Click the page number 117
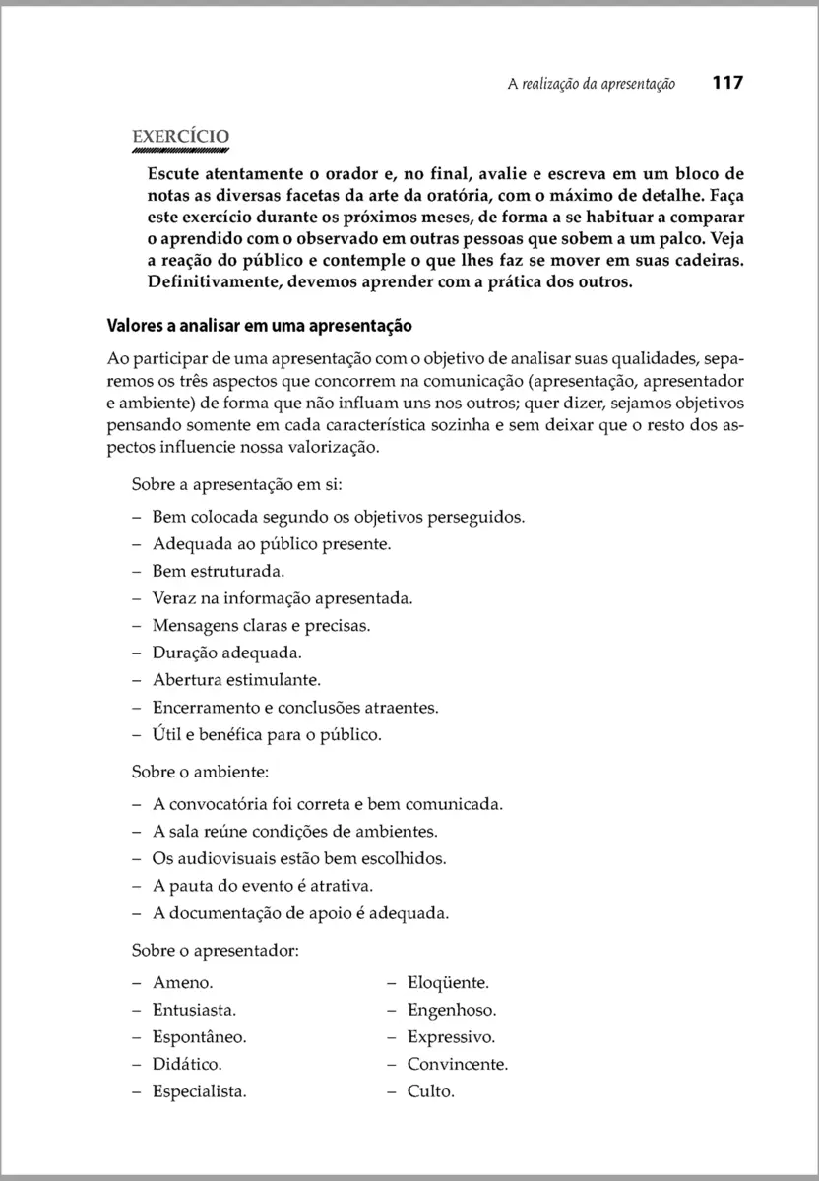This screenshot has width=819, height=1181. [726, 84]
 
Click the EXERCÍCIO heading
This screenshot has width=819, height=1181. [180, 137]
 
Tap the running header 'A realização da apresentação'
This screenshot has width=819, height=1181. [591, 85]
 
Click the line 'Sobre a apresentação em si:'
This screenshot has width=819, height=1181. [236, 485]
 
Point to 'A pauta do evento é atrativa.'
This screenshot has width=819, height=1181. [263, 885]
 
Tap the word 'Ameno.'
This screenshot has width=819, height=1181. [183, 982]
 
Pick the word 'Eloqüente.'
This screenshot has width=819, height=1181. [448, 982]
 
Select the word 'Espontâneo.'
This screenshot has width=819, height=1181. [199, 1037]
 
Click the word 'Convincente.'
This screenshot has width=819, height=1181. [457, 1064]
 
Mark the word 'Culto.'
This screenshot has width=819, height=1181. [430, 1091]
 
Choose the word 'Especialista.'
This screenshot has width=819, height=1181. [199, 1091]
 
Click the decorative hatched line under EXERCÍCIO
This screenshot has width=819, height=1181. [180, 153]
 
